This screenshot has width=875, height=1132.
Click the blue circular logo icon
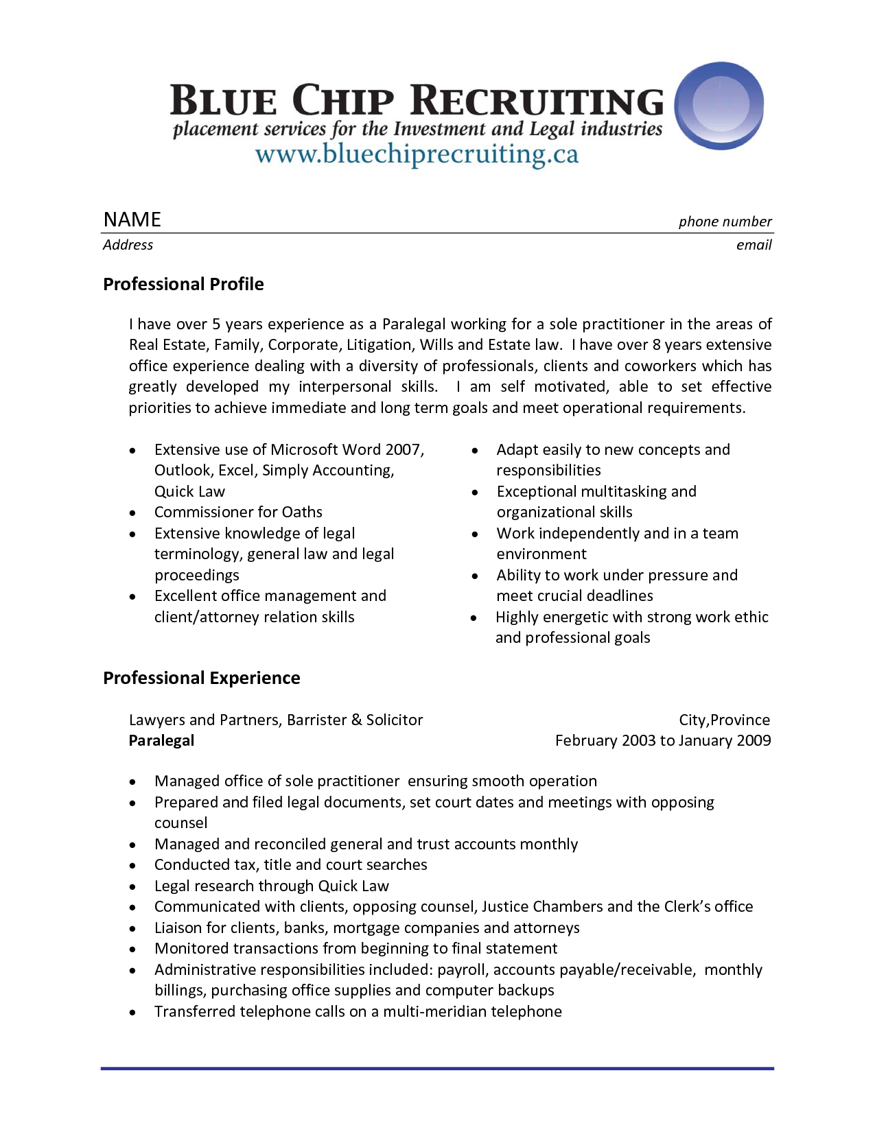[x=719, y=106]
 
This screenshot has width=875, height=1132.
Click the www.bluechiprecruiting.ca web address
[x=417, y=154]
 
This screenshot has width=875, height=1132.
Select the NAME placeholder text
[x=132, y=220]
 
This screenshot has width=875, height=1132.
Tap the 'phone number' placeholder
[x=725, y=222]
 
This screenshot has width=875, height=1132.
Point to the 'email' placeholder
[x=754, y=245]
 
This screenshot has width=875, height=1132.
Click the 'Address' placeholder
[x=128, y=245]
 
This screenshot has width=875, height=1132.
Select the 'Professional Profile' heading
[x=183, y=284]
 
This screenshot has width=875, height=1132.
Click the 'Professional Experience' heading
[x=201, y=678]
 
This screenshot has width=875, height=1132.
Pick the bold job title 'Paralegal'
[x=161, y=741]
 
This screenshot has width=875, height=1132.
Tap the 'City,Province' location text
[x=724, y=720]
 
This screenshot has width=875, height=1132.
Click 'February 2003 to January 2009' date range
[x=662, y=741]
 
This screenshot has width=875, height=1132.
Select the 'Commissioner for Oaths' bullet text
[x=238, y=512]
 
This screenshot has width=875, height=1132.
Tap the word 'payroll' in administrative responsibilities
[x=463, y=970]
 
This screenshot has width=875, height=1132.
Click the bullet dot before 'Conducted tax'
[x=132, y=866]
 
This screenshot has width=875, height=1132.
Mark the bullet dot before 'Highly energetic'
[x=474, y=618]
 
